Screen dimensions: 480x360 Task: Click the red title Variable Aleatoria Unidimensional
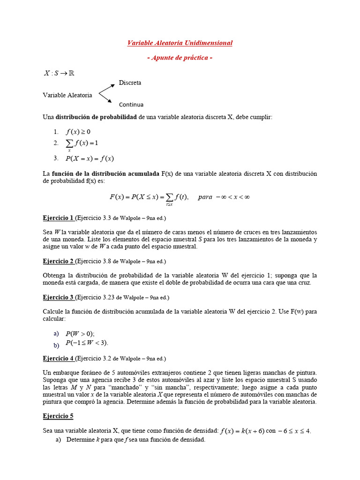point(180,43)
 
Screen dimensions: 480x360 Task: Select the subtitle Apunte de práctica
point(180,58)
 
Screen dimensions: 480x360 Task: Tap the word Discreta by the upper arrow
point(130,82)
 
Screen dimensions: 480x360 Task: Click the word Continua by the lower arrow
point(131,105)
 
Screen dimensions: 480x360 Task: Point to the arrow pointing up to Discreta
point(106,89)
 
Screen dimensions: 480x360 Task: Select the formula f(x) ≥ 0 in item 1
point(78,132)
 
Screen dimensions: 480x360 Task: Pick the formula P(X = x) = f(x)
point(90,158)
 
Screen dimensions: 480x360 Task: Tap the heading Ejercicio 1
point(58,218)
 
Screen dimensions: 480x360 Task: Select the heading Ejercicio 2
point(58,261)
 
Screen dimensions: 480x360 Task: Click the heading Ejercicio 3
point(58,297)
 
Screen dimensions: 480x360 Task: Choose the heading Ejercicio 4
point(58,359)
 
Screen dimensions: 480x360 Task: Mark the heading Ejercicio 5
point(58,416)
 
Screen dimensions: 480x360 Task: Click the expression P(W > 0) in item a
point(80,334)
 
